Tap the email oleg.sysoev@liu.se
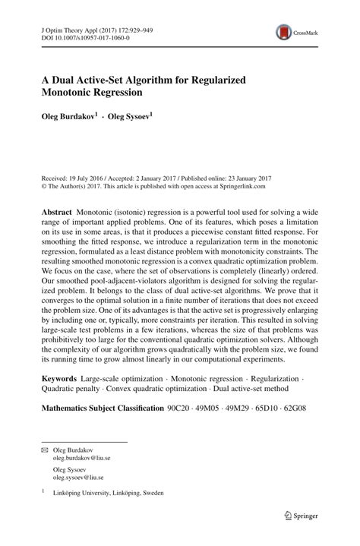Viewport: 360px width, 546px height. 78,478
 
